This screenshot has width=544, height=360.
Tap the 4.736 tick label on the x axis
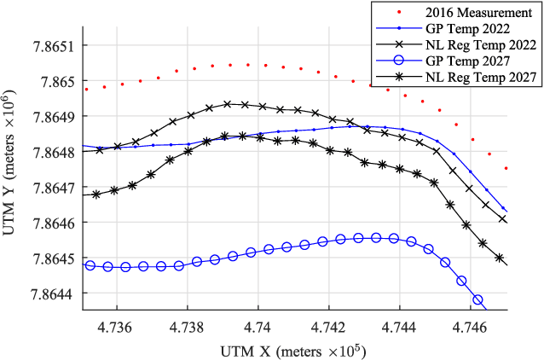point(115,326)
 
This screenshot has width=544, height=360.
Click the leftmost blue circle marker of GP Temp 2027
point(90,265)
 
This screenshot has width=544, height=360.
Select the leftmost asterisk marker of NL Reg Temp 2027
point(96,195)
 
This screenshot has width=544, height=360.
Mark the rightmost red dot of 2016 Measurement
point(506,168)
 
